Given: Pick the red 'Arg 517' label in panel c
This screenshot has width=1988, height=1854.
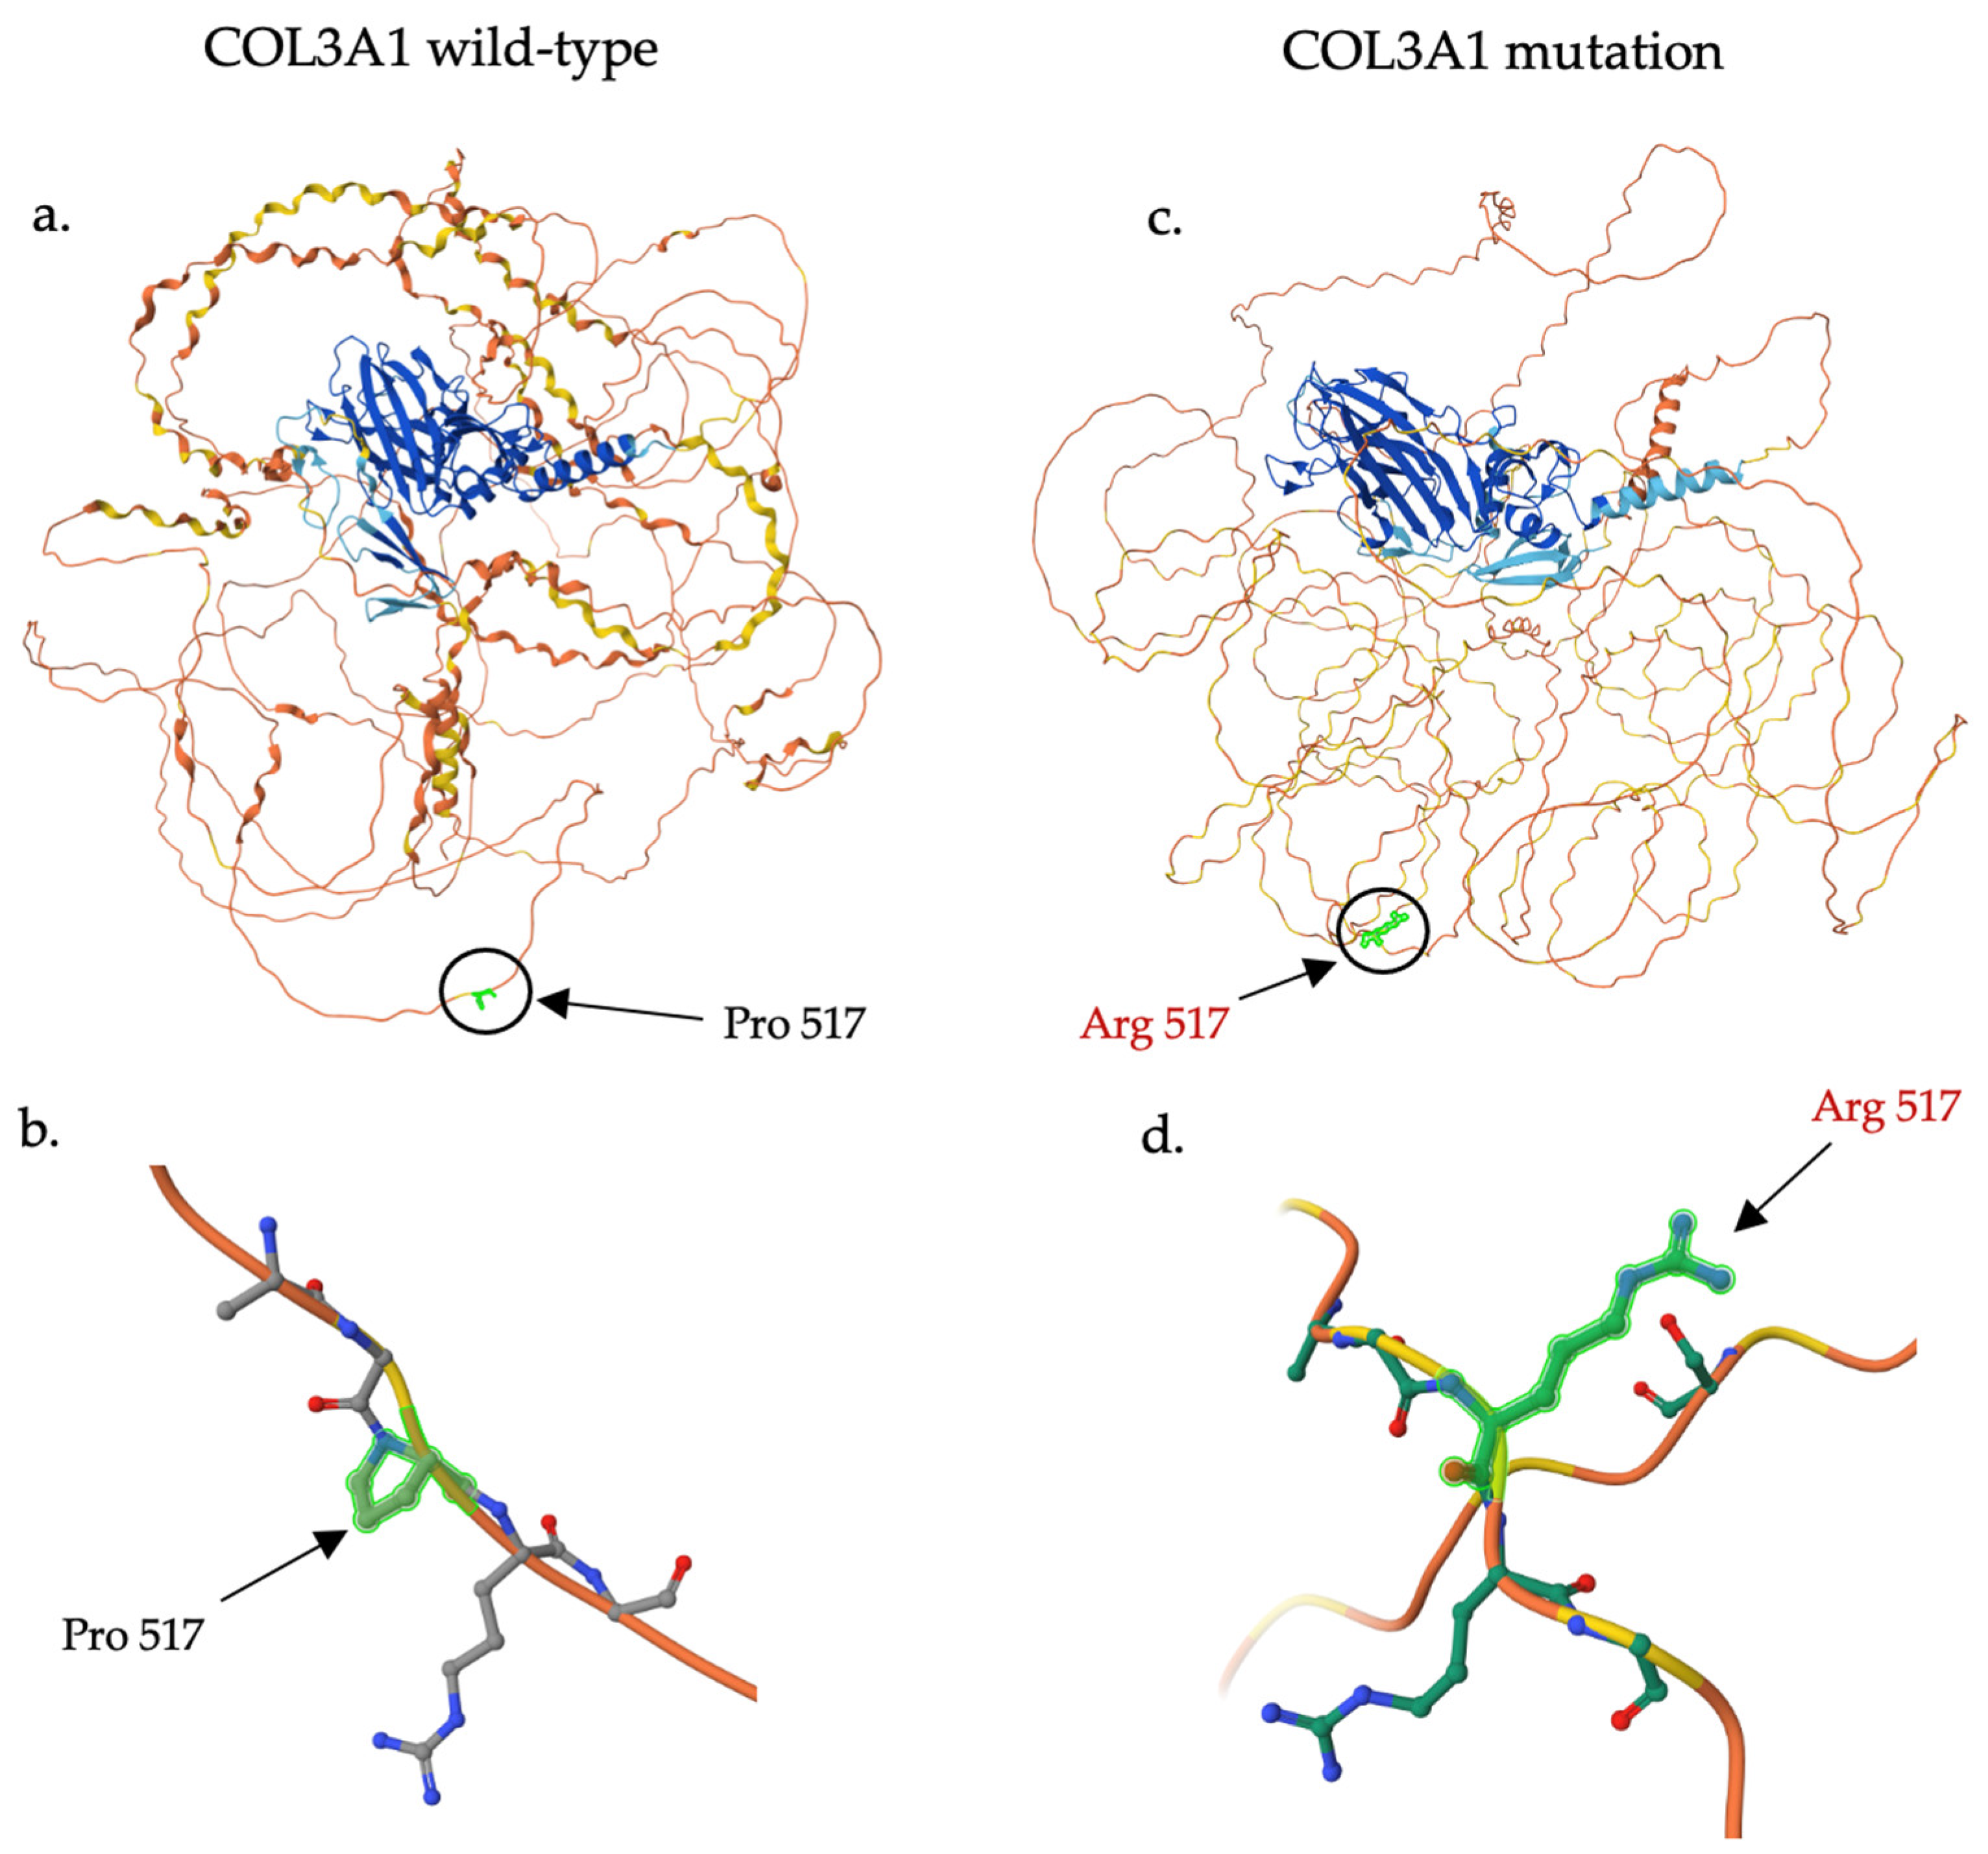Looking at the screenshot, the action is tap(1154, 1023).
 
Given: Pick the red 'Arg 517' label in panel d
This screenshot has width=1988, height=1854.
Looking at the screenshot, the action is tap(1886, 1106).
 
